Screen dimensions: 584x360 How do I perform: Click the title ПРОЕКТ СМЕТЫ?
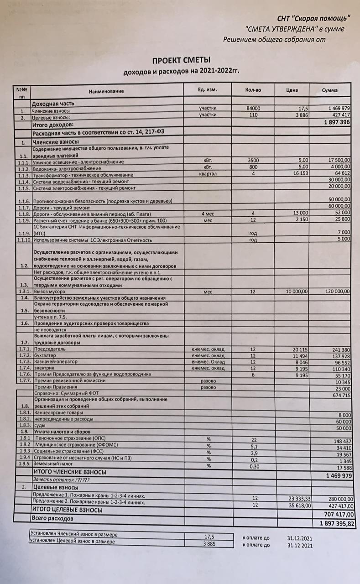[x=182, y=60]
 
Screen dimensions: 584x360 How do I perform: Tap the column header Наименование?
[x=106, y=91]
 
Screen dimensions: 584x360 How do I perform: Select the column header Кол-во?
[x=253, y=90]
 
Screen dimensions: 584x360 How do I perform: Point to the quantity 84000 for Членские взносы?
[x=253, y=109]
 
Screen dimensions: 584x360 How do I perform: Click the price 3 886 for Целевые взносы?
[x=300, y=115]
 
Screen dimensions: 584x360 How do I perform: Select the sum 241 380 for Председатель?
[x=339, y=349]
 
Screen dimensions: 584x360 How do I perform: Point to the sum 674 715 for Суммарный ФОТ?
[x=339, y=395]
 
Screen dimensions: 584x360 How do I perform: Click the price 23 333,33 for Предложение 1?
[x=299, y=499]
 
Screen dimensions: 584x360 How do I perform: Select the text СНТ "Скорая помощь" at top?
[x=314, y=18]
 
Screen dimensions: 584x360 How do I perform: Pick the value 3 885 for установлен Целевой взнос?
[x=209, y=543]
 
